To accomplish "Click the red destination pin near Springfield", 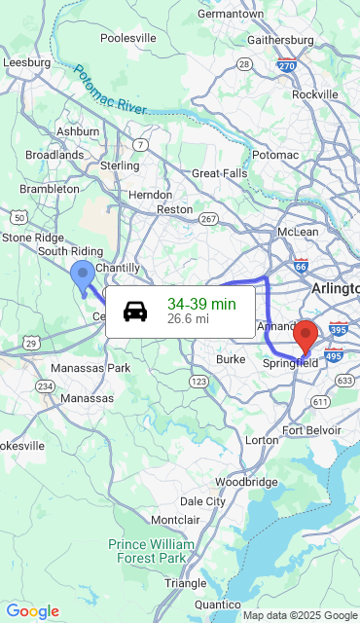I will click(x=306, y=335).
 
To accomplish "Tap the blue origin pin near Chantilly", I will click(x=83, y=275).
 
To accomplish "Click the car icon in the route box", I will click(x=135, y=311).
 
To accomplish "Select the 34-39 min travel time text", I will click(x=201, y=304).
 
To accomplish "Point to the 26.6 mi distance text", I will click(x=188, y=319).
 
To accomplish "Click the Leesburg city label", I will click(x=26, y=62).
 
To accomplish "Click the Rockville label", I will click(x=314, y=94).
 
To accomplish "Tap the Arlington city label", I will click(x=335, y=289).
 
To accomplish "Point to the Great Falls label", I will click(x=219, y=173).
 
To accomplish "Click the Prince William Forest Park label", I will click(x=151, y=551).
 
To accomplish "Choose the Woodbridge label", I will click(x=246, y=482).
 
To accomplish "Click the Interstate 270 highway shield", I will click(x=286, y=66).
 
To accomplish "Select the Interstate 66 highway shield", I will click(x=301, y=266).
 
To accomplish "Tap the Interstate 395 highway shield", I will click(x=339, y=330).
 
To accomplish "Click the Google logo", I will click(x=32, y=611).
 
